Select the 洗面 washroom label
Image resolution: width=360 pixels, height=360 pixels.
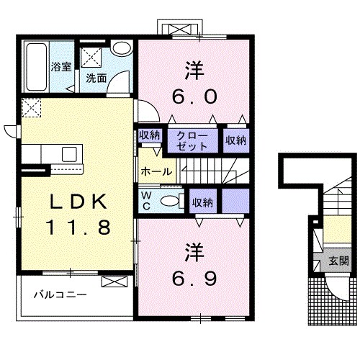pyautogui.click(x=96, y=78)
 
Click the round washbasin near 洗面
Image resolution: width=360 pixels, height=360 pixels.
pyautogui.click(x=122, y=48)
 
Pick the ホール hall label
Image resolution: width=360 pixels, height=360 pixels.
pyautogui.click(x=156, y=171)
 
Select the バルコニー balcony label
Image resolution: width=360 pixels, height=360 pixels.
pyautogui.click(x=62, y=295)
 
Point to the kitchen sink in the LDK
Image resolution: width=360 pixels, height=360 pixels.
pyautogui.click(x=70, y=153)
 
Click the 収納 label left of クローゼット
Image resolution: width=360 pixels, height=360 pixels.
pyautogui.click(x=150, y=135)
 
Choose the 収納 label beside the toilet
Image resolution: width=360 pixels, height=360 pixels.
pyautogui.click(x=202, y=203)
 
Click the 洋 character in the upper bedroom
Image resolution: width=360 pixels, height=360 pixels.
pyautogui.click(x=194, y=72)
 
